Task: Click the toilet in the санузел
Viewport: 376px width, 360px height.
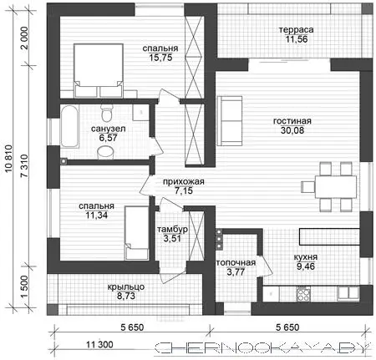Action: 106,113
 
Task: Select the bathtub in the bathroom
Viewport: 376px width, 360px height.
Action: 69,126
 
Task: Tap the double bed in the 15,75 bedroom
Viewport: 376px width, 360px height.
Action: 99,70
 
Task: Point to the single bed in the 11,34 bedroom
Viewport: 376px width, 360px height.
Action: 136,233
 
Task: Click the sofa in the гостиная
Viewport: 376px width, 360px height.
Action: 230,121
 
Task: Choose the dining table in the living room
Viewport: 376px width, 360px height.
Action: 336,186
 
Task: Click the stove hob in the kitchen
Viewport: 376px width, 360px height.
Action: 303,294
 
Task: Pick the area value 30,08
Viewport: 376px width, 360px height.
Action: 292,130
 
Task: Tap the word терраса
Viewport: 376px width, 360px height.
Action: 297,30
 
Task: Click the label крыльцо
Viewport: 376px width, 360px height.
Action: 126,287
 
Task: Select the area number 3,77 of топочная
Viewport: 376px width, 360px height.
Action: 236,271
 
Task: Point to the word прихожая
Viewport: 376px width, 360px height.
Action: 184,182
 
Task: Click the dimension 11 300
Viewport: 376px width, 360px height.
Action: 99,345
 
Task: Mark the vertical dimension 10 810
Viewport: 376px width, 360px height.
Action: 8,159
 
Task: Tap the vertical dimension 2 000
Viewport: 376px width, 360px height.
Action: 24,38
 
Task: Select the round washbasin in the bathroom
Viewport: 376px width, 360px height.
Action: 105,153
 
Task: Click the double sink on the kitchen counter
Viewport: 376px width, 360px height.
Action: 348,293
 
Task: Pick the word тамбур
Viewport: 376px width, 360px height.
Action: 172,230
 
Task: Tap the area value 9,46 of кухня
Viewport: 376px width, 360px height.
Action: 306,266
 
